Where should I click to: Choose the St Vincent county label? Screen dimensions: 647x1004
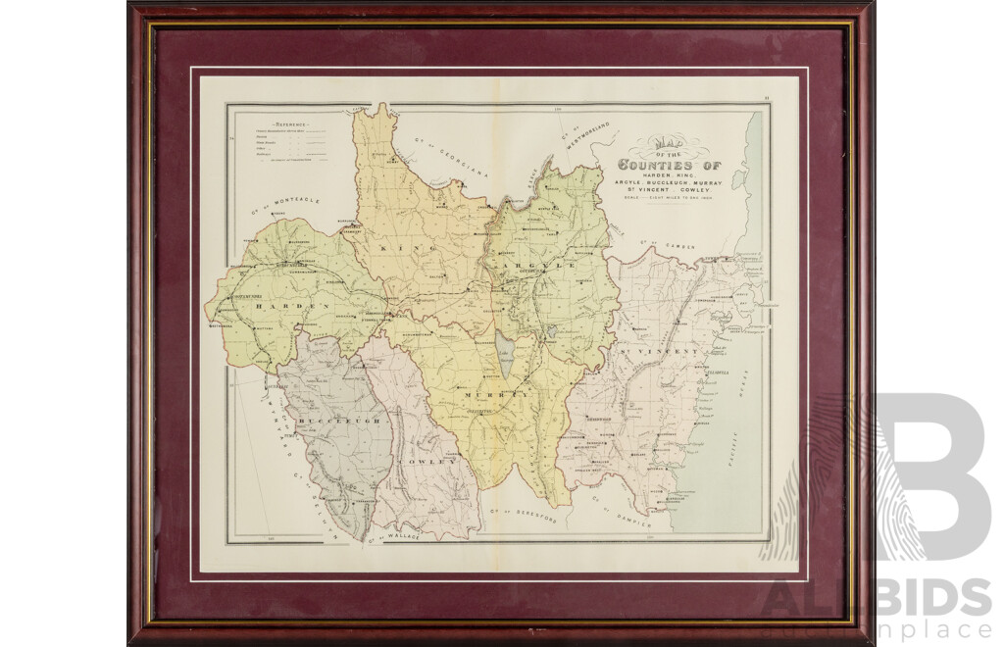(657, 350)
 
